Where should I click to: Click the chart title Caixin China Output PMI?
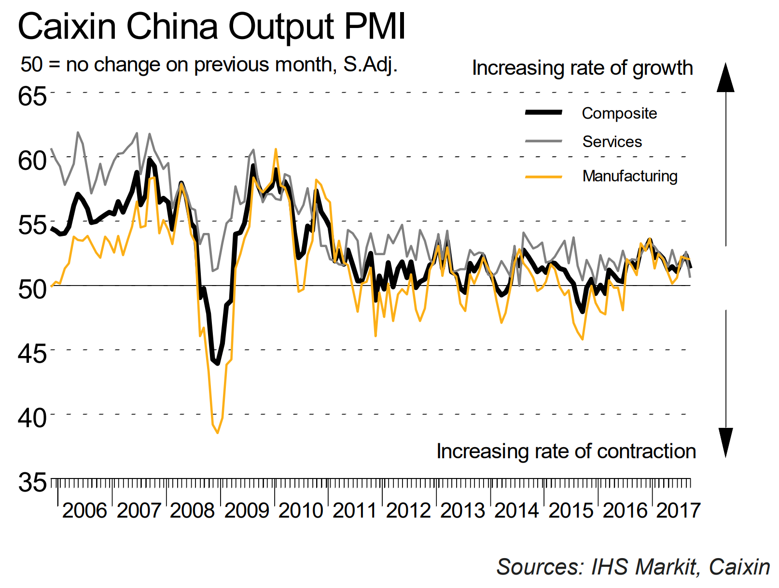(211, 27)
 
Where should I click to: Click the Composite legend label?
(619, 113)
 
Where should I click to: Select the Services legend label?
(612, 142)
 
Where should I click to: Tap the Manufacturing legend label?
(630, 176)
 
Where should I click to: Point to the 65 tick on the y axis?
(32, 96)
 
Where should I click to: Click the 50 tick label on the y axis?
(32, 289)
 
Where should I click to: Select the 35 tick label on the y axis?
(32, 482)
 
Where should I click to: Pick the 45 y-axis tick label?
(32, 354)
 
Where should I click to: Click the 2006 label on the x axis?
(84, 510)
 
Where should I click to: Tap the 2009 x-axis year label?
(247, 510)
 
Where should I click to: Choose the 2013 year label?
(462, 510)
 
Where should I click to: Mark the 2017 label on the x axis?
(678, 510)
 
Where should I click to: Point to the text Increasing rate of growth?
(582, 68)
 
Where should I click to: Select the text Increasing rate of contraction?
(566, 451)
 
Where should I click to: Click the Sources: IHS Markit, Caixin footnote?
(633, 567)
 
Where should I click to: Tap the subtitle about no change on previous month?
(209, 65)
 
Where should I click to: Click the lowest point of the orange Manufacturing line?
(218, 433)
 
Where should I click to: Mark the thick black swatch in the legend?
(543, 112)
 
